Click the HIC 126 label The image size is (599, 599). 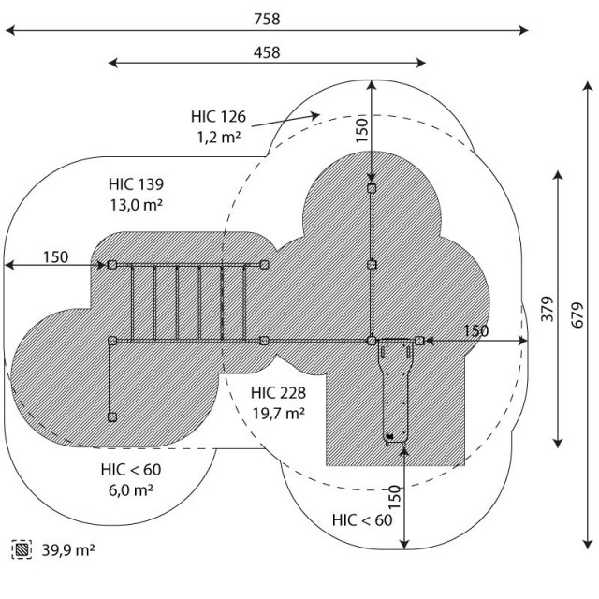(218, 117)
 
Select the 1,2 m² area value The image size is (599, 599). (218, 137)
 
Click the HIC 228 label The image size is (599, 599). (278, 392)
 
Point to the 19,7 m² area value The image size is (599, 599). (278, 412)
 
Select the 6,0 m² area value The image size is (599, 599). (128, 489)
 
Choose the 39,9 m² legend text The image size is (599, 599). (68, 548)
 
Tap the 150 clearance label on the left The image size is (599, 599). (55, 256)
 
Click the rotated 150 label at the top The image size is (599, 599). (362, 131)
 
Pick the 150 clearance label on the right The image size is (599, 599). (475, 330)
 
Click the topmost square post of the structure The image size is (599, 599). (372, 189)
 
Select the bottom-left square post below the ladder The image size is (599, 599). (112, 416)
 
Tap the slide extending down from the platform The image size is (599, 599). (395, 388)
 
